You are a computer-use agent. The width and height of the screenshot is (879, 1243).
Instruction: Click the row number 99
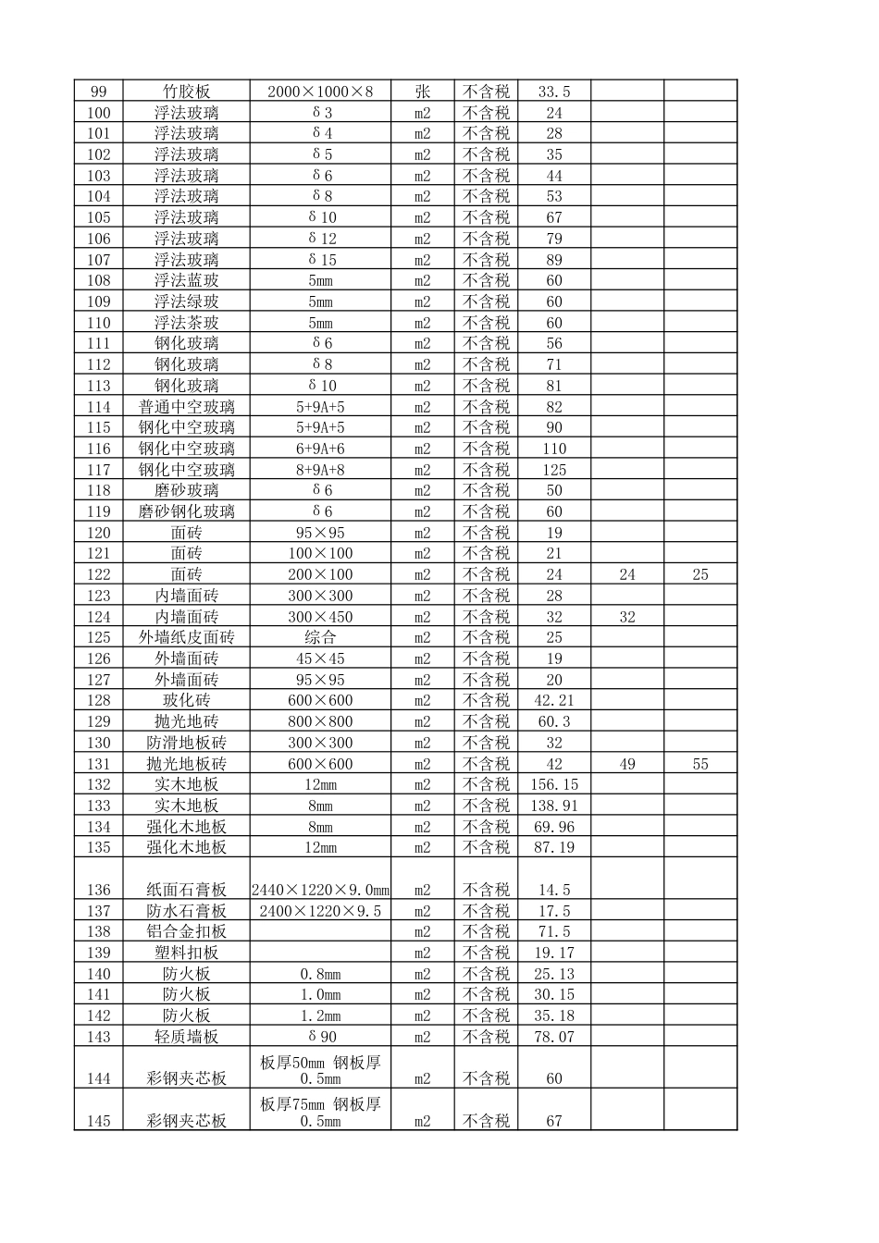click(98, 92)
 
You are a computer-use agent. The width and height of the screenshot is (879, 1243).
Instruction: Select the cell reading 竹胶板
click(186, 92)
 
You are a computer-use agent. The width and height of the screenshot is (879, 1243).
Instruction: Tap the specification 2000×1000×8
click(320, 92)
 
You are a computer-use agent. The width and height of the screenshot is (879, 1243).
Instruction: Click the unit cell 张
click(422, 92)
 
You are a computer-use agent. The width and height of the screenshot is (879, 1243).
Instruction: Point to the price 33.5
click(554, 92)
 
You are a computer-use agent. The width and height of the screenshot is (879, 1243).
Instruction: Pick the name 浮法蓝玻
click(186, 280)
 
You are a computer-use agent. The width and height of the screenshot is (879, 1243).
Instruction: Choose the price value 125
click(554, 470)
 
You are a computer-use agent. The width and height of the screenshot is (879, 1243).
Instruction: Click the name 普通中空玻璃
click(186, 407)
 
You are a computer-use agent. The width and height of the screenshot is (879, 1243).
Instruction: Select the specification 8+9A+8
click(320, 470)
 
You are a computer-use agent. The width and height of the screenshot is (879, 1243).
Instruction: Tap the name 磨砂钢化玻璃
click(186, 511)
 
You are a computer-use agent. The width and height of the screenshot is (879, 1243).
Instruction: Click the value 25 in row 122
click(700, 574)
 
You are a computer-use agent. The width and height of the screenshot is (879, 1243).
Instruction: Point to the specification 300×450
click(320, 617)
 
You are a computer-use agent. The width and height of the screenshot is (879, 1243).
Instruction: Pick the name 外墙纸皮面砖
click(186, 637)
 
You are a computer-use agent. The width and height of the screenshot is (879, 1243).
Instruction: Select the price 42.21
click(554, 700)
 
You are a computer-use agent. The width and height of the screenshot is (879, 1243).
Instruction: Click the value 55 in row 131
click(700, 764)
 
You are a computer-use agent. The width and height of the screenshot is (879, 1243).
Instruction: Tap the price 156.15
click(554, 784)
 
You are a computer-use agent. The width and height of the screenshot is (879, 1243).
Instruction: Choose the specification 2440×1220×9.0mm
click(320, 890)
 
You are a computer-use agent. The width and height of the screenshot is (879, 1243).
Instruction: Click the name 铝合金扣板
click(186, 931)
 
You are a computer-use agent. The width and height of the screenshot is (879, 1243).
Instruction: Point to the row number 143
click(98, 1037)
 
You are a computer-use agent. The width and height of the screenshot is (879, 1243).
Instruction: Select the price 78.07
click(554, 1037)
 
